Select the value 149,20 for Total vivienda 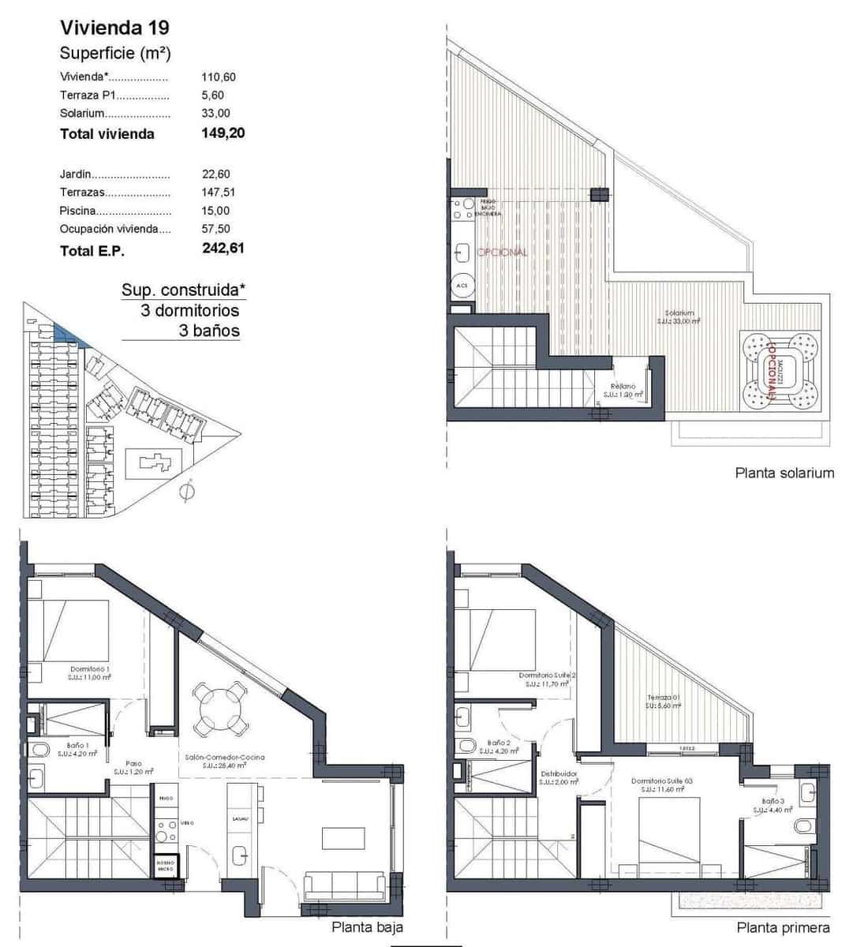tap(223, 133)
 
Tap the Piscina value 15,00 tap(215, 211)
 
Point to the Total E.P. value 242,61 tap(223, 249)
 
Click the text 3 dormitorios tap(189, 310)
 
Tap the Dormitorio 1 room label tap(88, 669)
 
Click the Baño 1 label tap(77, 745)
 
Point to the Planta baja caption tap(367, 928)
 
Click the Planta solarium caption tap(784, 473)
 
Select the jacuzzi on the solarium tap(780, 371)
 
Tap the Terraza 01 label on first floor tap(664, 698)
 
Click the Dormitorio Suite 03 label tap(666, 780)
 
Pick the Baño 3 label tap(773, 802)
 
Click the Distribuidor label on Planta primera tap(559, 774)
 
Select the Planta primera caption tap(783, 928)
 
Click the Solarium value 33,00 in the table tap(215, 114)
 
